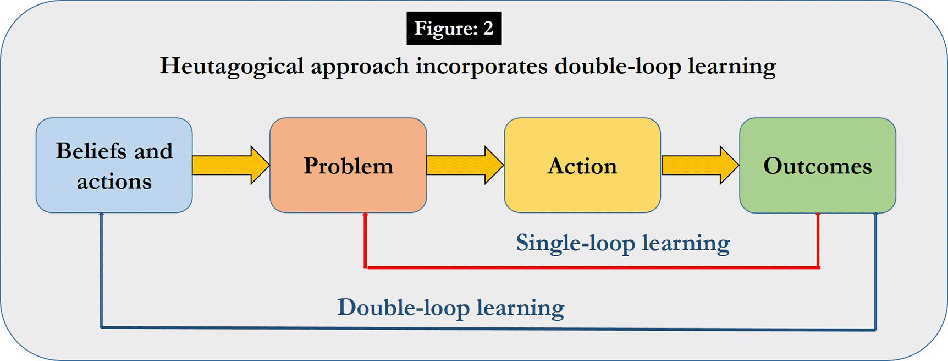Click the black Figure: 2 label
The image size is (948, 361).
(454, 28)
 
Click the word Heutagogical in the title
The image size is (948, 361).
(232, 67)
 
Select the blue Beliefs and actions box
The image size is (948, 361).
(114, 165)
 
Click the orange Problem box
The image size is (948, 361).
(348, 165)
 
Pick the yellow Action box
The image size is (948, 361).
(582, 165)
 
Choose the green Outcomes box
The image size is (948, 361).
(817, 165)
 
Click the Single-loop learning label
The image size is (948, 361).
(622, 243)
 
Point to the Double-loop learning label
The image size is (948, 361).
(450, 308)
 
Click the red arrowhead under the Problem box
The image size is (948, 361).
(365, 216)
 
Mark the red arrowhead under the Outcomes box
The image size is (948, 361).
(818, 216)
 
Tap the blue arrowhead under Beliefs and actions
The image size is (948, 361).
(101, 216)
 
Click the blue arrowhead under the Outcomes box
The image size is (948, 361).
(875, 216)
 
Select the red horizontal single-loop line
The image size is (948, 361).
(592, 267)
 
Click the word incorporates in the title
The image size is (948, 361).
(481, 67)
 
